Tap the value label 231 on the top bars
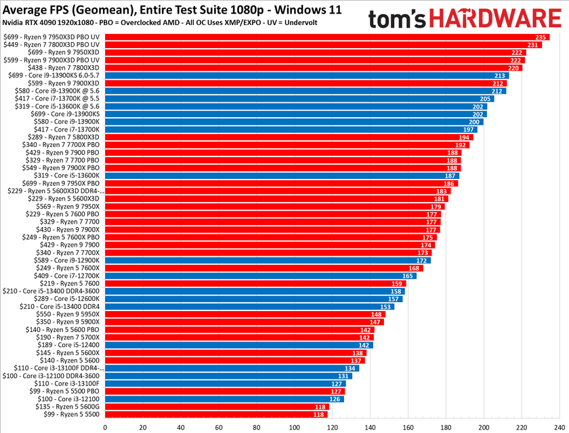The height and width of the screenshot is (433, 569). click(x=534, y=45)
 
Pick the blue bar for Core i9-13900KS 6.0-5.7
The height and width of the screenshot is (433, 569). click(x=305, y=75)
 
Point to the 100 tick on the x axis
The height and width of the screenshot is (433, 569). click(x=294, y=428)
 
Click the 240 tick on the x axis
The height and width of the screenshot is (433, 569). click(x=559, y=428)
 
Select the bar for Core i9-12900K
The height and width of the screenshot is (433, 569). click(x=268, y=260)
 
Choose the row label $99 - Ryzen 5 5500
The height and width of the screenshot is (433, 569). click(x=72, y=414)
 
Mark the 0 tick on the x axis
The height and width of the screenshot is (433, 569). click(x=105, y=428)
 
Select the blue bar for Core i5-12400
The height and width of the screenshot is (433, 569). click(x=237, y=345)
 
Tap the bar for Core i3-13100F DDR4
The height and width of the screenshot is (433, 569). click(x=230, y=368)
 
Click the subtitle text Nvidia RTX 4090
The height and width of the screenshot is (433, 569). click(x=41, y=22)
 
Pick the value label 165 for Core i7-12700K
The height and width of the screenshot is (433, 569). click(x=408, y=276)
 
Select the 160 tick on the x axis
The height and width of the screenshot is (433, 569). click(x=408, y=428)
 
